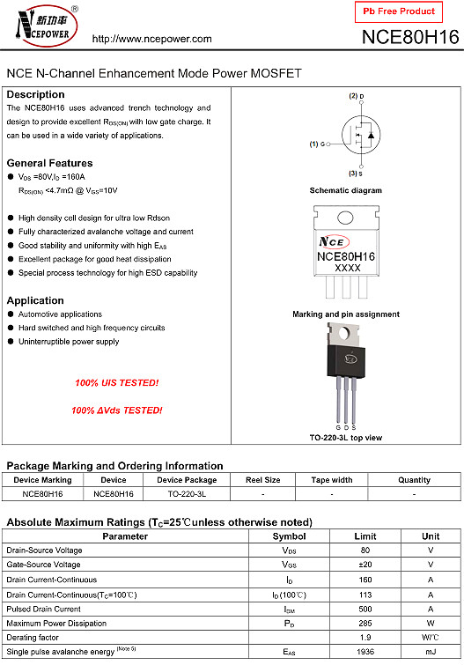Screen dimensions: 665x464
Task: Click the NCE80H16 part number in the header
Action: point(409,38)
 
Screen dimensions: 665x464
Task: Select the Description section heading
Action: point(36,94)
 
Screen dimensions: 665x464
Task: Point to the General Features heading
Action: point(49,163)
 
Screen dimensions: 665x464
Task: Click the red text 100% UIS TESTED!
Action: point(117,383)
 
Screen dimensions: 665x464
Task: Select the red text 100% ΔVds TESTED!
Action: point(117,410)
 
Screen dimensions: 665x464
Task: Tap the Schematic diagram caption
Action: point(346,190)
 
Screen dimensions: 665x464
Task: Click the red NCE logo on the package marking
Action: point(334,240)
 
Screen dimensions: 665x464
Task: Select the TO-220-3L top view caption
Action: point(346,438)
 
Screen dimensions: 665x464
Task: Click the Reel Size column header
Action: point(263,480)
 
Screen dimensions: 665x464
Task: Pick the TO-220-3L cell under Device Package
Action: point(187,494)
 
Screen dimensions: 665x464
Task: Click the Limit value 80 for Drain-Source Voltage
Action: point(365,550)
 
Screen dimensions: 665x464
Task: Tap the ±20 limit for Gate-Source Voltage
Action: point(365,565)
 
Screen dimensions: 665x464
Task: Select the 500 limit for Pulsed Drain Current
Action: point(365,609)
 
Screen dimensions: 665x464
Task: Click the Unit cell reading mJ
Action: point(431,652)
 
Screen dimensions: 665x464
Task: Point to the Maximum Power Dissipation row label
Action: point(57,623)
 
